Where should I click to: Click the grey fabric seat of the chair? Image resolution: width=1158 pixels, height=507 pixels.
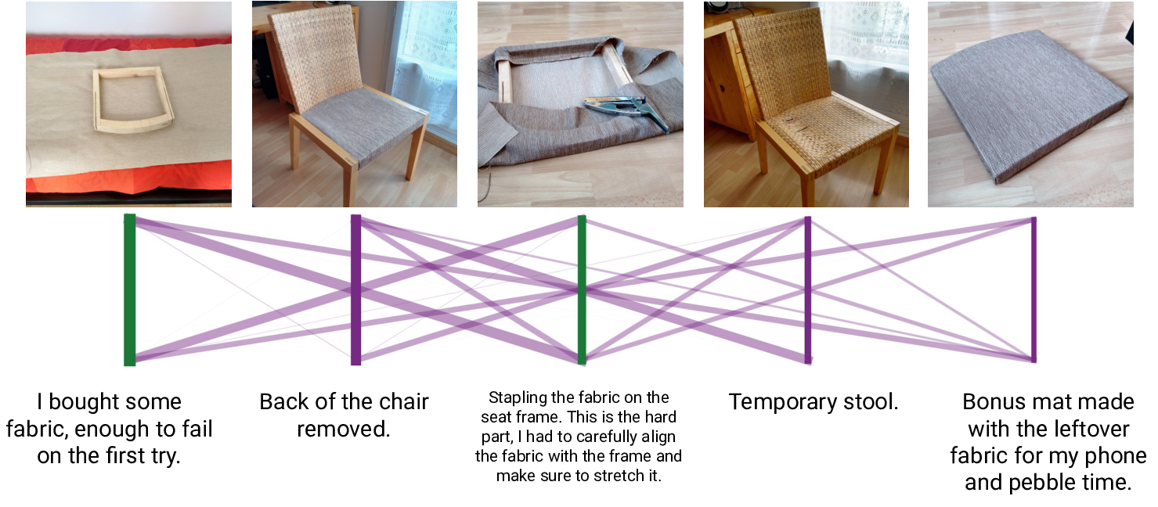[362, 124]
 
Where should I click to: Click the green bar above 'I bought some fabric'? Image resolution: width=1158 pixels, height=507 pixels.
[130, 290]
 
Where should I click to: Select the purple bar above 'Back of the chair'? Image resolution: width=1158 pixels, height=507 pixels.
[355, 290]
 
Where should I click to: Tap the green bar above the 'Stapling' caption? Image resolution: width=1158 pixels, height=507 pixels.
[582, 290]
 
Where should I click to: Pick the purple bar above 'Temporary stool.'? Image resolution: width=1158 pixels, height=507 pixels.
[807, 290]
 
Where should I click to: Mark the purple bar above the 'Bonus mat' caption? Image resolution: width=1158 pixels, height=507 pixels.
[1034, 290]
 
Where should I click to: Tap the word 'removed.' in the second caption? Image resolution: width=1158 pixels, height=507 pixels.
[343, 429]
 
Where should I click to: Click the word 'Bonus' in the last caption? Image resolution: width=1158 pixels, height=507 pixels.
[992, 402]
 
